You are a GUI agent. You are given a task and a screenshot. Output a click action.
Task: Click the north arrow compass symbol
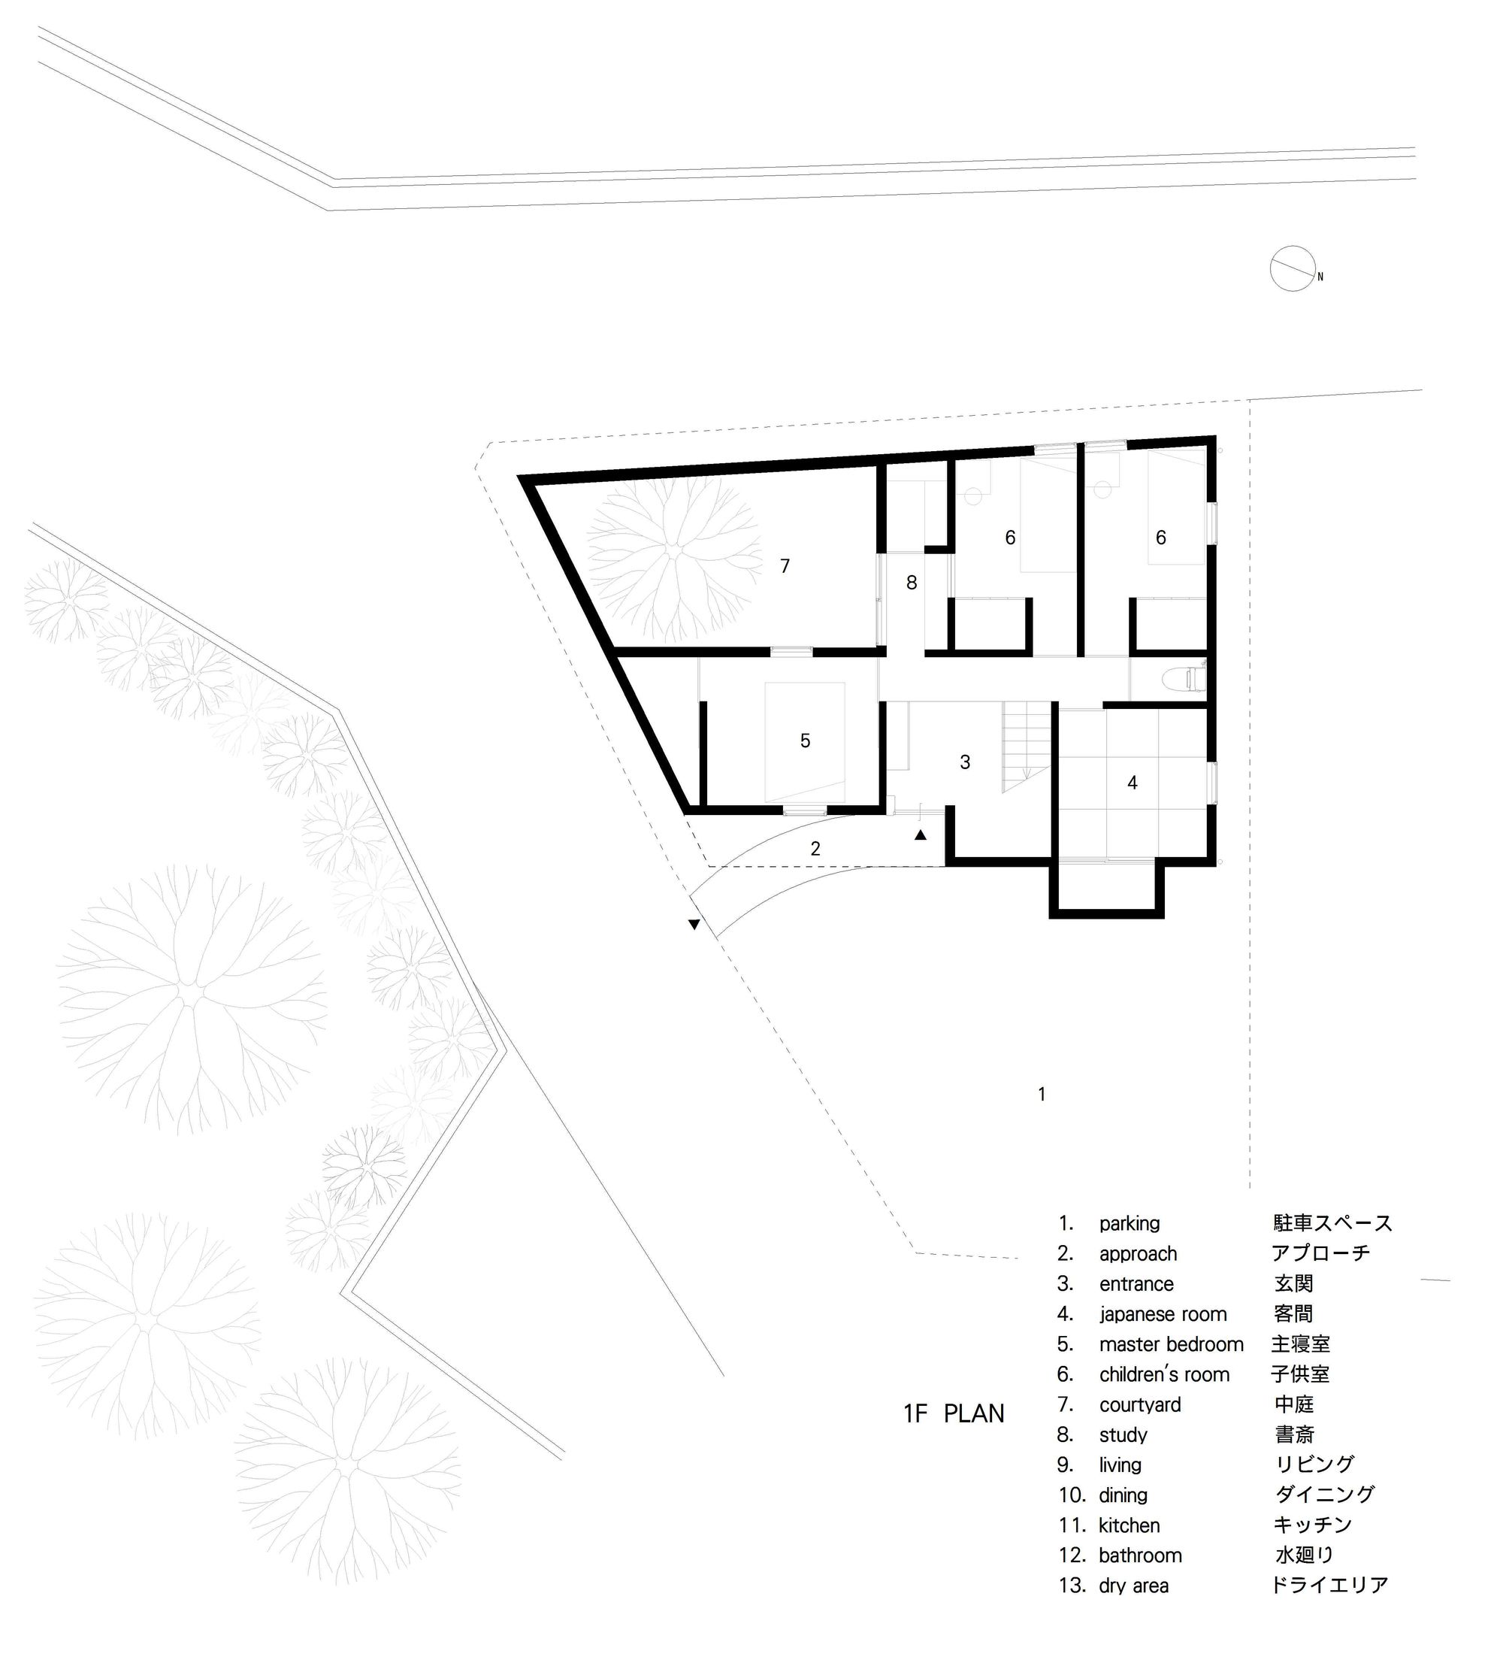click(x=1293, y=268)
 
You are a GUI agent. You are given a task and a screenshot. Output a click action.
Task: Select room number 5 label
click(x=805, y=741)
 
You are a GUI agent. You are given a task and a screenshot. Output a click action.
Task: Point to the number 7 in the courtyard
click(x=785, y=566)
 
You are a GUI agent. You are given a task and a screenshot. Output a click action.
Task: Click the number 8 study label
click(x=912, y=583)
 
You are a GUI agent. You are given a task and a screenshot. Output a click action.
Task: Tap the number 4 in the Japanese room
click(x=1133, y=782)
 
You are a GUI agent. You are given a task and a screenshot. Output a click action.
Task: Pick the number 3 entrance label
click(x=965, y=762)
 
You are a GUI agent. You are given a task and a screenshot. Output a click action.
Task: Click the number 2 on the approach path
click(x=815, y=848)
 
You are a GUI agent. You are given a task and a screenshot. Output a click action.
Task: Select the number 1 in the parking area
click(x=1042, y=1095)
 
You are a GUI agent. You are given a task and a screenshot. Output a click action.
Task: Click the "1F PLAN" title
click(x=954, y=1413)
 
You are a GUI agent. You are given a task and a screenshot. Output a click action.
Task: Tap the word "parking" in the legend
click(x=1129, y=1223)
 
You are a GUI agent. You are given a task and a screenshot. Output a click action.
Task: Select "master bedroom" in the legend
click(x=1171, y=1344)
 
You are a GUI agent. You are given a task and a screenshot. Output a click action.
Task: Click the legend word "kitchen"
click(x=1129, y=1525)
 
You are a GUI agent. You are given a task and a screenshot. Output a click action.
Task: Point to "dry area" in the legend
click(x=1133, y=1585)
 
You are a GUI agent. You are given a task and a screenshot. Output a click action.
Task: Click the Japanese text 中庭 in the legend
click(x=1293, y=1404)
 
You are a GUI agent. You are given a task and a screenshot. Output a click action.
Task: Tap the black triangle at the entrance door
click(x=920, y=835)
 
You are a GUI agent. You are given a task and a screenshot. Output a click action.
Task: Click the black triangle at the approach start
click(x=694, y=924)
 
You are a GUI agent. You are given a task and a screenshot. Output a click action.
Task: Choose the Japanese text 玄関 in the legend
click(x=1293, y=1283)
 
